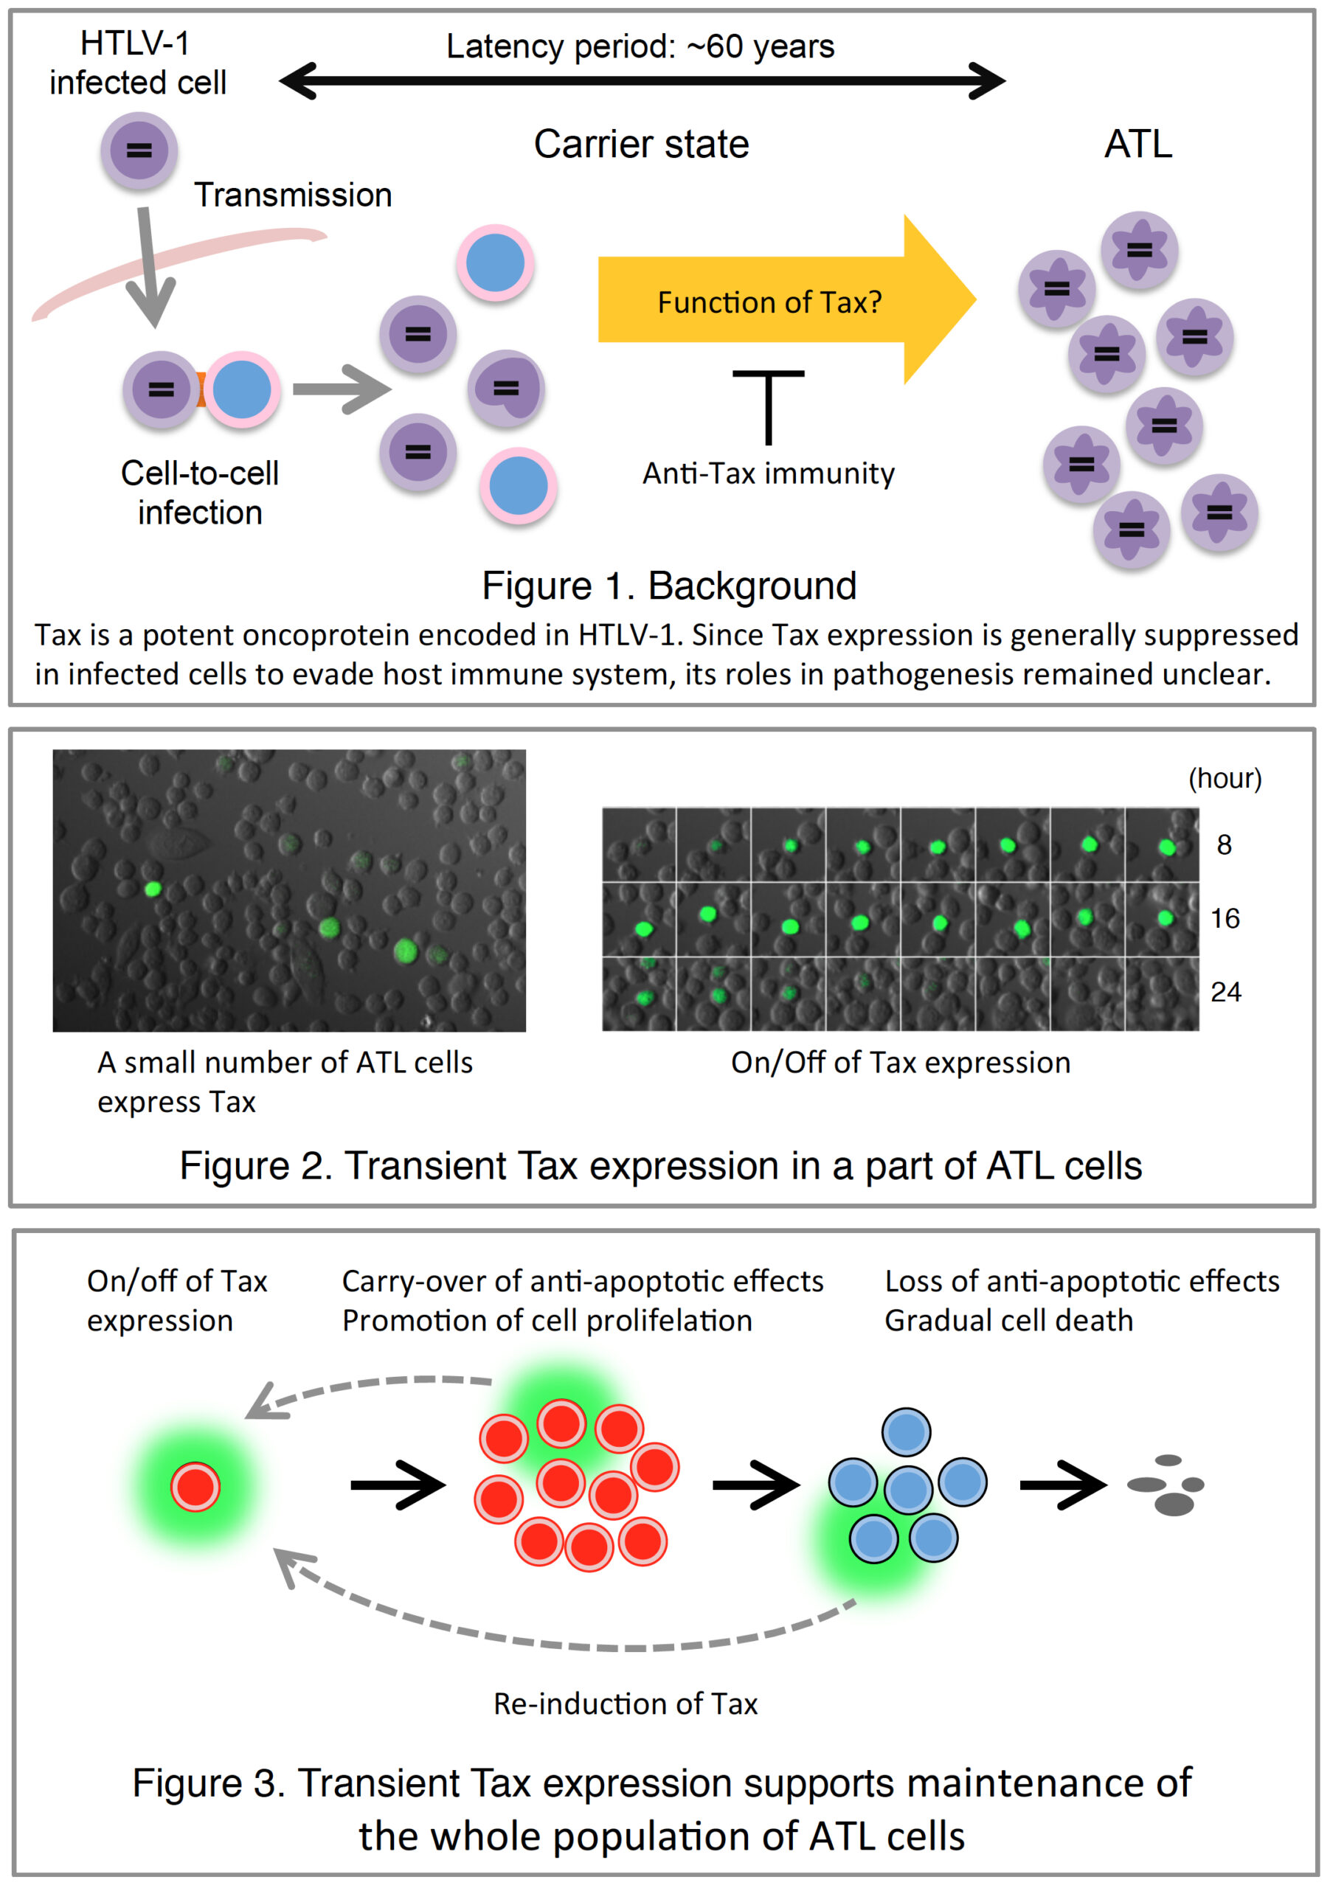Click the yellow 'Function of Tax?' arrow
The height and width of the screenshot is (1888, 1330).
pos(769,301)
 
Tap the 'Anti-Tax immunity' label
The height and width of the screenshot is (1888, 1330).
pos(767,473)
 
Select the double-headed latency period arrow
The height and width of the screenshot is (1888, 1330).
pos(642,80)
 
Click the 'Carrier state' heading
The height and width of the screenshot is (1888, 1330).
pos(641,145)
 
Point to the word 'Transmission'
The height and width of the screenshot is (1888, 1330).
pos(293,195)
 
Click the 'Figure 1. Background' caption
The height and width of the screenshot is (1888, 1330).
pos(669,586)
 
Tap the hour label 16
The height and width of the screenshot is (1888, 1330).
pos(1224,918)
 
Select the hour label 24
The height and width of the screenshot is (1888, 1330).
pos(1225,993)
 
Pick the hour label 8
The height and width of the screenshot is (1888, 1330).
pos(1223,845)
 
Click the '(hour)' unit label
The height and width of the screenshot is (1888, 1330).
pos(1224,778)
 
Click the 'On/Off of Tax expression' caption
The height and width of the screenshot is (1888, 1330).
pos(900,1063)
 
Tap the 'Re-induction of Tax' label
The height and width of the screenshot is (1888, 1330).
pos(625,1704)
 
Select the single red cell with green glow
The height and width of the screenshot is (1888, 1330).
pos(195,1487)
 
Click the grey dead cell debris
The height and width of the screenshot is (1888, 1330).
pos(1168,1485)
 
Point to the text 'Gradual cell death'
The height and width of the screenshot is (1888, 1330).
pos(1008,1321)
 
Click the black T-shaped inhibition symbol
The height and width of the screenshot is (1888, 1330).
pos(768,407)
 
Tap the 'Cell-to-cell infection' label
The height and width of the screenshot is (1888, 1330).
pos(200,493)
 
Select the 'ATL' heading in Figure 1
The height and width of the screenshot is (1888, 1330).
pos(1137,145)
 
